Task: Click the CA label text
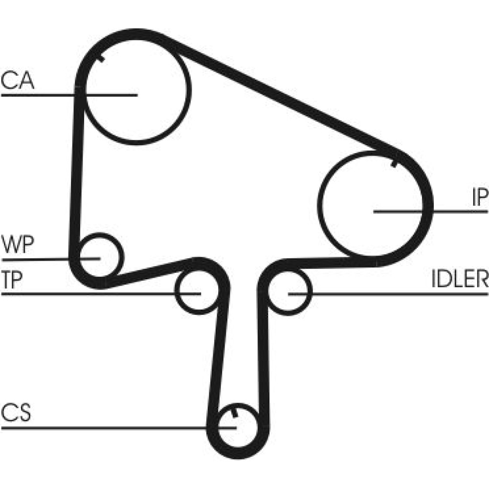18,81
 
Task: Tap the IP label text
480,198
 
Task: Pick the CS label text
16,413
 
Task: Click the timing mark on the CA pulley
100,59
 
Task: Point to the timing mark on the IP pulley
395,162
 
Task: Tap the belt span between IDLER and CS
263,352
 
